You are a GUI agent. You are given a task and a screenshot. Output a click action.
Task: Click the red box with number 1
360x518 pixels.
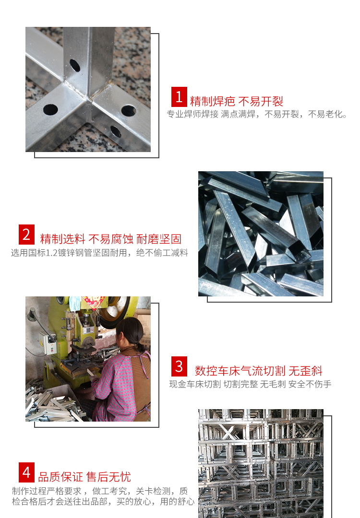179,97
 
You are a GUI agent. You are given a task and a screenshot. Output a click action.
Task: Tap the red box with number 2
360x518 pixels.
26,235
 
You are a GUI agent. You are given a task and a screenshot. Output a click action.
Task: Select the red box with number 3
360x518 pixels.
179,366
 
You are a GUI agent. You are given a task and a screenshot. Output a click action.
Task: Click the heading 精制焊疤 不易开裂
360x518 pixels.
237,101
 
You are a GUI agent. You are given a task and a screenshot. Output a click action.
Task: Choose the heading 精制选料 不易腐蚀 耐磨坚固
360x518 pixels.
111,239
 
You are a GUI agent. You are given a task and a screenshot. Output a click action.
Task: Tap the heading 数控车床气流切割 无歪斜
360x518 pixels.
258,371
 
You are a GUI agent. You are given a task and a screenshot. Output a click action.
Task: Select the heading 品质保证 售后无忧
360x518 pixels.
84,477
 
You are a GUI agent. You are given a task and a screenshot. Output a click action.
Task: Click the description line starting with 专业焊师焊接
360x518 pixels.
257,114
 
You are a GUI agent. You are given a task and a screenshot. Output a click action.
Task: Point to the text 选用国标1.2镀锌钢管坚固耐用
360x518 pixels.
99,252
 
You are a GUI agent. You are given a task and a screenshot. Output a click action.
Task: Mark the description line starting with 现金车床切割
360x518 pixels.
250,384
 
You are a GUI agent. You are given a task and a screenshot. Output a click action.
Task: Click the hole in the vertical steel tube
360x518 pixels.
75,65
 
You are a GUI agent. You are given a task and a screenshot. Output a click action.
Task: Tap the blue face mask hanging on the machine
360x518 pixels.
75,303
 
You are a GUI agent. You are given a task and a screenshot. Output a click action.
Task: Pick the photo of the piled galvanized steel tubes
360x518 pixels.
261,234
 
